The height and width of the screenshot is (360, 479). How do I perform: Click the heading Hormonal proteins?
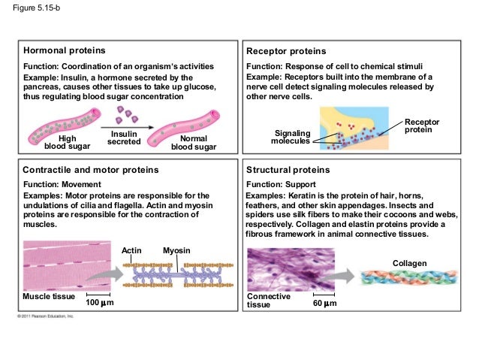(64, 51)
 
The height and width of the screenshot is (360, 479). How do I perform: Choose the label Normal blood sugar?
(193, 143)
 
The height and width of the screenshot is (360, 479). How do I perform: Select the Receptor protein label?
(422, 126)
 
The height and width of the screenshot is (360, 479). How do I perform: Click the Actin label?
(131, 249)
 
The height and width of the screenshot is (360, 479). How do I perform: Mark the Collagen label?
(409, 263)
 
